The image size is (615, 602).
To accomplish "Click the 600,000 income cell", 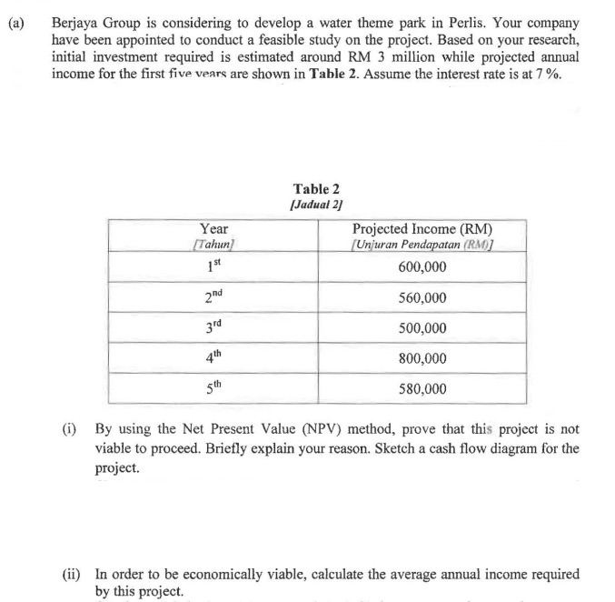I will coord(422,266).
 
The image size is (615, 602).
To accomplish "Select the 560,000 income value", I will coord(422,297).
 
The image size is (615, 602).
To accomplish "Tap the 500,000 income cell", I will coord(422,327).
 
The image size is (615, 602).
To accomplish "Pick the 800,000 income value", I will coord(422,358).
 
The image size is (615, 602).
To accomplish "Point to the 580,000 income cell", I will coord(422,388).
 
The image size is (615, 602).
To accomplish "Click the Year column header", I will coord(214,229).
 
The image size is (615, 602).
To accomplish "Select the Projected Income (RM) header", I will coord(422,229).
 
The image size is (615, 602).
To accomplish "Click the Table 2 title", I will coord(318,189).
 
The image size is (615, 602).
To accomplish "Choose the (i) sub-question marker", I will coord(74,428).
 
